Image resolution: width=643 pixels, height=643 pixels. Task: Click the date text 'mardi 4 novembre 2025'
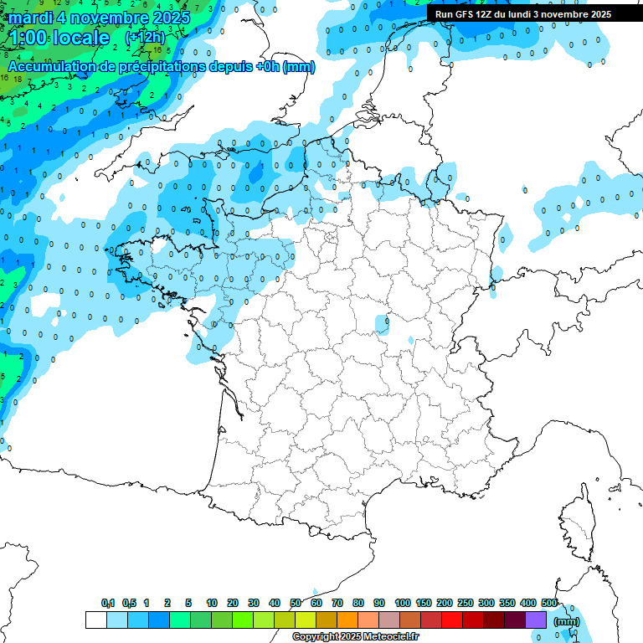click(99, 18)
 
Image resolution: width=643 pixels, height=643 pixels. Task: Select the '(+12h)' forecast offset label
click(145, 39)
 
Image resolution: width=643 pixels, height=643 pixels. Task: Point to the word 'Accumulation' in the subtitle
click(50, 66)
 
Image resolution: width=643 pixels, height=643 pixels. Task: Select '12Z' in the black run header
click(484, 14)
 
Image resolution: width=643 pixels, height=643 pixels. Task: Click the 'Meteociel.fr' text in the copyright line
click(390, 637)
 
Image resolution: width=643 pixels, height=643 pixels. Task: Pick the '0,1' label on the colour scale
click(108, 603)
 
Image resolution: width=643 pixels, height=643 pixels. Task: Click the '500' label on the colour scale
click(549, 603)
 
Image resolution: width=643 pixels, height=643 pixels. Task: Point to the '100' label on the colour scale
click(402, 603)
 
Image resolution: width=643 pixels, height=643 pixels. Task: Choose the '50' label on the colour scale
click(296, 603)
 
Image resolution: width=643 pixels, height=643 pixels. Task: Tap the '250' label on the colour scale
click(466, 603)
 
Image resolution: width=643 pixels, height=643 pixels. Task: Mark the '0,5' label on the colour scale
click(129, 603)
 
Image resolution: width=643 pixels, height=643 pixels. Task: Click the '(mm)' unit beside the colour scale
click(567, 621)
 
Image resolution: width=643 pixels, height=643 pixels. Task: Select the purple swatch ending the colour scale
click(536, 620)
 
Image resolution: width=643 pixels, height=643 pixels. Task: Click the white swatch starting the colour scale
click(96, 620)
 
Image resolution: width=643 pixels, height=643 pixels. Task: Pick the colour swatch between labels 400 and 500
click(536, 620)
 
